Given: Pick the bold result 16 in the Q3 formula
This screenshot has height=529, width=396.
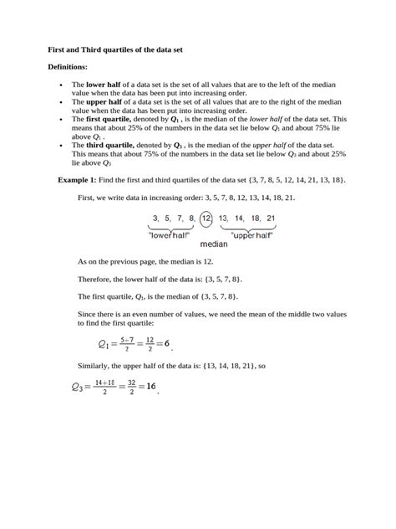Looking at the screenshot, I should (x=151, y=386).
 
